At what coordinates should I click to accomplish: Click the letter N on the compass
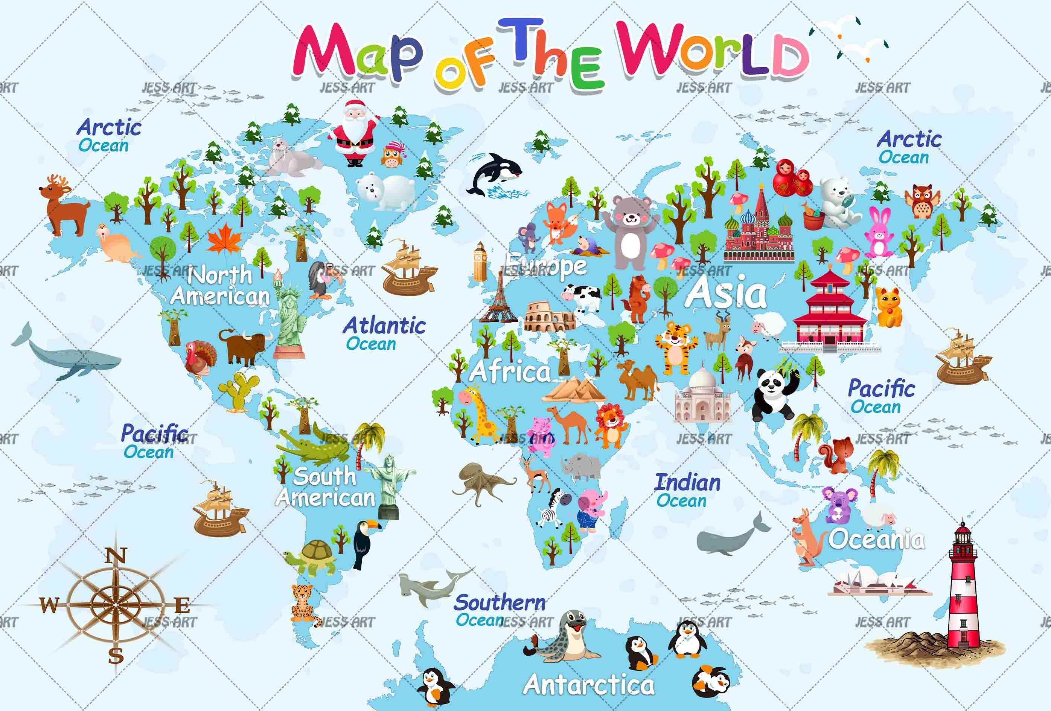(x=116, y=556)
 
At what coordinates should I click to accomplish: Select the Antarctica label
(x=589, y=685)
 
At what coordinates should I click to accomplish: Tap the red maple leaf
(x=225, y=241)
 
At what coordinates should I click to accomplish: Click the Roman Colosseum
(x=550, y=317)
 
